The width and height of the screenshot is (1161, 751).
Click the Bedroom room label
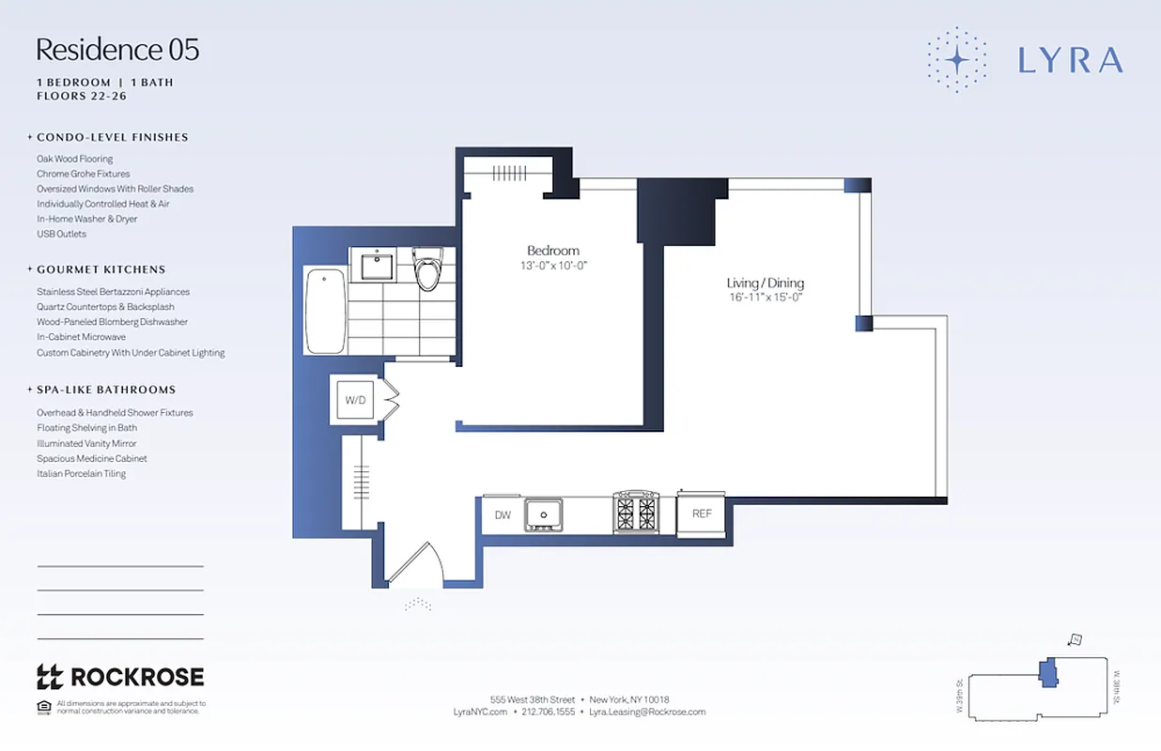coord(552,251)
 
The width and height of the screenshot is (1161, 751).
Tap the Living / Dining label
coord(765,283)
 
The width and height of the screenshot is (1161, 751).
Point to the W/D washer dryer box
coord(355,400)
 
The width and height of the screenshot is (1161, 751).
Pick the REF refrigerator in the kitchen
coord(701,514)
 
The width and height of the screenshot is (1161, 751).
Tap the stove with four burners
coord(636,513)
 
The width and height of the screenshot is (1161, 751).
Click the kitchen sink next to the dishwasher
coord(543,513)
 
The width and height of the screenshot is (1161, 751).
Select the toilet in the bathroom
coord(427,269)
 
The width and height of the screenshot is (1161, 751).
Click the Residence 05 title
coord(117,50)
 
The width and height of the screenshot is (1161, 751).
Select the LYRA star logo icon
coord(956,60)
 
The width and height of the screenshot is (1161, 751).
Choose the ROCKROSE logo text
coord(136,676)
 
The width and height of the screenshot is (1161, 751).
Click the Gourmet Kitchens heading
coord(101,269)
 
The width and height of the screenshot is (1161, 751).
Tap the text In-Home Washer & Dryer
coord(86,219)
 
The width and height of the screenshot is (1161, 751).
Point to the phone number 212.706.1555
coord(550,713)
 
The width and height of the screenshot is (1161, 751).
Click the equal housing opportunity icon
coord(43,707)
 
